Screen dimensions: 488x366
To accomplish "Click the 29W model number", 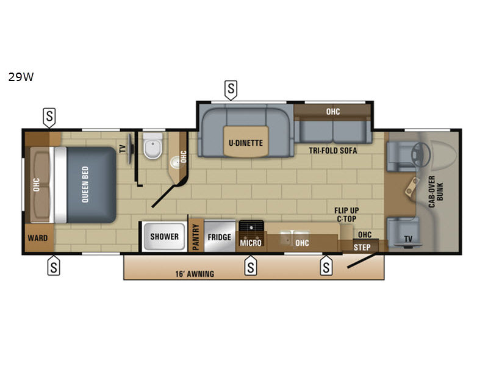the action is [x=21, y=77].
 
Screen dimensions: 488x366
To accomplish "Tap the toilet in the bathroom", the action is [x=153, y=145].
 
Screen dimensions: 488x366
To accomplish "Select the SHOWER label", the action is [x=164, y=237].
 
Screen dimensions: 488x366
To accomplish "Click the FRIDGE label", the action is [x=220, y=237].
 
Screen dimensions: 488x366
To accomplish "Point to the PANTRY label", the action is [x=196, y=237].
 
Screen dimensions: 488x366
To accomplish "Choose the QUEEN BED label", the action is [x=85, y=185].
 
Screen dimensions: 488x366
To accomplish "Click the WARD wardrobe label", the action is [x=38, y=238].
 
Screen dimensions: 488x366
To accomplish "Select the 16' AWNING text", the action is [x=195, y=274].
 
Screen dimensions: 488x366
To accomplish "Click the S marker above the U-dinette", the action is [x=231, y=90].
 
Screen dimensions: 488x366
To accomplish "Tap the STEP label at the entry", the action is [x=362, y=248].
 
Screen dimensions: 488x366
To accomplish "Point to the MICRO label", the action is [x=251, y=243].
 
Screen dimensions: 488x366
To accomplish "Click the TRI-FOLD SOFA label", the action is [x=333, y=151].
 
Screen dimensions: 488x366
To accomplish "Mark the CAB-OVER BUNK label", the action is [x=436, y=192].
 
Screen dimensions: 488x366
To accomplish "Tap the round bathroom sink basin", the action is [x=174, y=162].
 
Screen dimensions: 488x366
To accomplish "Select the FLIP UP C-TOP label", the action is [x=346, y=215].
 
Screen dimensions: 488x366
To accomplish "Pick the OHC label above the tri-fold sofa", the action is [x=333, y=112].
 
